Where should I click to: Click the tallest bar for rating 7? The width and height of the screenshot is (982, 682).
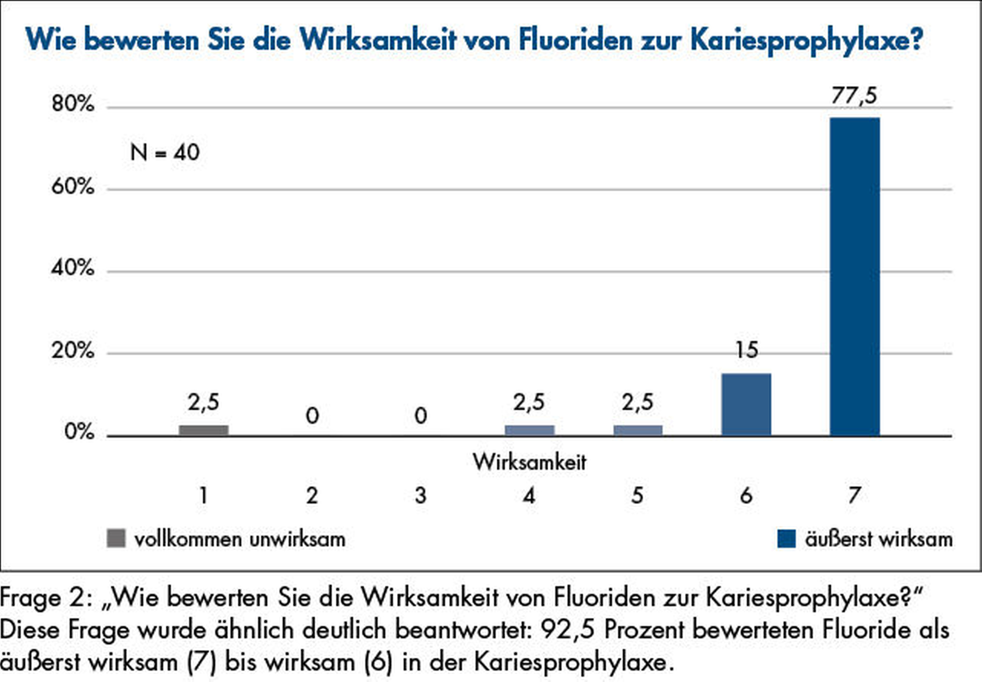pos(854,277)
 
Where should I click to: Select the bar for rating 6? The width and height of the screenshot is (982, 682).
pos(746,404)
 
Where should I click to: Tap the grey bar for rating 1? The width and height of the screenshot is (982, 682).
pos(204,430)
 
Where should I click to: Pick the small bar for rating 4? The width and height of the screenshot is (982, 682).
pos(529,430)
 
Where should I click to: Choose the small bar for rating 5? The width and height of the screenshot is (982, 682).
pos(638,430)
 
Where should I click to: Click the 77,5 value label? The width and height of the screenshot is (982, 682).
pos(854,96)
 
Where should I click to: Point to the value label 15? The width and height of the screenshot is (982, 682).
pos(746,350)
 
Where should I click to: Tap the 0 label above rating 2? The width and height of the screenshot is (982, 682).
pos(312,416)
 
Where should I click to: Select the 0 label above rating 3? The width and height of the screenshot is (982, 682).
pos(421,416)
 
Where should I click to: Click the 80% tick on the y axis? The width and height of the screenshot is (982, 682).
pos(73,104)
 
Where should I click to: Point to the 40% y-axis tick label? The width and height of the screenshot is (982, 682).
pos(73,268)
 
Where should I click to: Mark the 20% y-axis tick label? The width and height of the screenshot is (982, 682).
pos(73,351)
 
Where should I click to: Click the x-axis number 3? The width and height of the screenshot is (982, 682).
pos(421,495)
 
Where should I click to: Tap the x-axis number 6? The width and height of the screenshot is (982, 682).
pos(746,495)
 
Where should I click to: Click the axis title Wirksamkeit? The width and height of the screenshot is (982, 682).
pos(529,462)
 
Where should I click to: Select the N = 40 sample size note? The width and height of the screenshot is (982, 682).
pos(164,153)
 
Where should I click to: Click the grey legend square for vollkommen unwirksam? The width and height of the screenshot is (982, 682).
pos(116,538)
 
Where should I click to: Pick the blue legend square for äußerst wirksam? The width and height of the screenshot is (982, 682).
pos(786,538)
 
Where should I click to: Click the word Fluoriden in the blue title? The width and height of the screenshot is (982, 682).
pos(575,39)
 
